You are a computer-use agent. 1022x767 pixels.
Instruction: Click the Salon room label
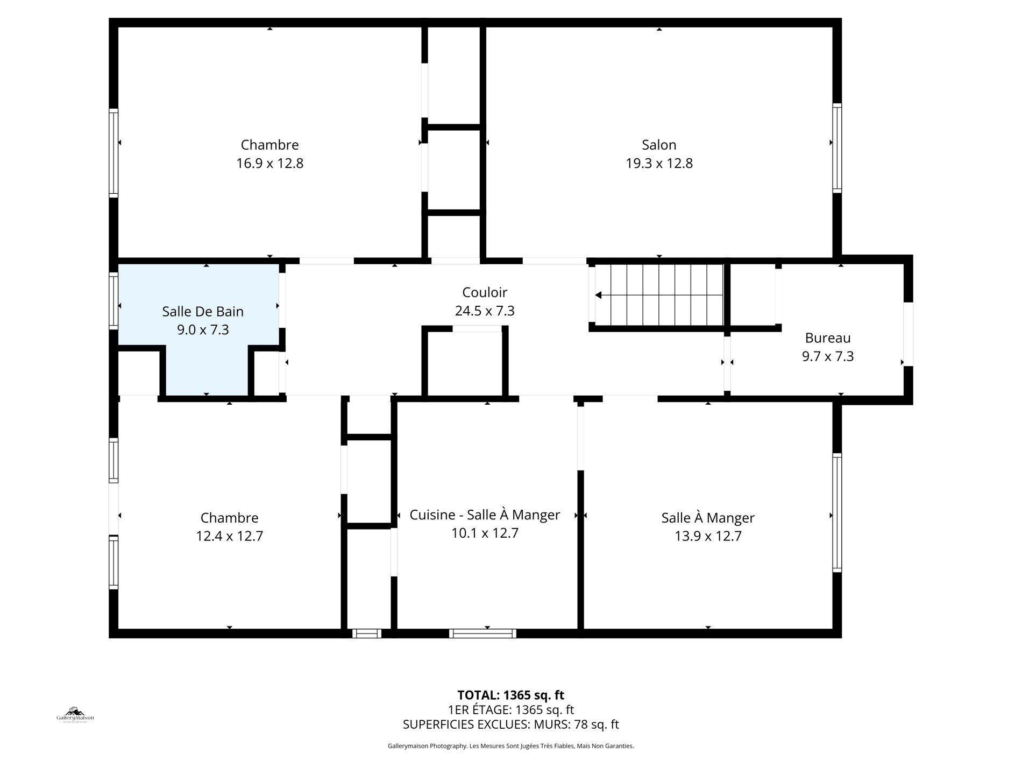click(658, 145)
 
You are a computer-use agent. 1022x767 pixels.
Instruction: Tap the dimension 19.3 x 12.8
click(658, 163)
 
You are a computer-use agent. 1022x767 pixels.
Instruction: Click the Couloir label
click(484, 292)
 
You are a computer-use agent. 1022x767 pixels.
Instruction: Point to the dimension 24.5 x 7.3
click(484, 311)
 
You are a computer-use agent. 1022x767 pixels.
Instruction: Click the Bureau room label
click(827, 338)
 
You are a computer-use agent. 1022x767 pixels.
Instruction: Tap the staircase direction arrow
click(598, 295)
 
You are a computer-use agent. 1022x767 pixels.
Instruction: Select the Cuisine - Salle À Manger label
click(484, 515)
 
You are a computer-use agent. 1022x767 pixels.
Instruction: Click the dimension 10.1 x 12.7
click(484, 533)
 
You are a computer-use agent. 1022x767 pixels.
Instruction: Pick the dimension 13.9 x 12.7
click(708, 536)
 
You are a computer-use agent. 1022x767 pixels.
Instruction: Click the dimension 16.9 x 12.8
click(269, 163)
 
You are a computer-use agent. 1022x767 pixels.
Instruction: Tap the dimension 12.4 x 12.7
click(229, 536)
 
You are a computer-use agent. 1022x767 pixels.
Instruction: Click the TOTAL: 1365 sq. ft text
click(510, 695)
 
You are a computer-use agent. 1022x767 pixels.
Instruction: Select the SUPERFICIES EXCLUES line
click(510, 724)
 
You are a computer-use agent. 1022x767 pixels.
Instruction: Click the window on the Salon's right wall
click(836, 148)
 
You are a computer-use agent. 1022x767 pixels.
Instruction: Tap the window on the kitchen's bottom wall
click(482, 634)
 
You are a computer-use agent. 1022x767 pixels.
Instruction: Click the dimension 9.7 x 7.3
click(827, 356)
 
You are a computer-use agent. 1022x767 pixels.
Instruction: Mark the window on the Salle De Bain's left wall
click(113, 301)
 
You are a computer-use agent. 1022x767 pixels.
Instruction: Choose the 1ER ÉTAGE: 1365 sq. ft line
click(510, 709)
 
